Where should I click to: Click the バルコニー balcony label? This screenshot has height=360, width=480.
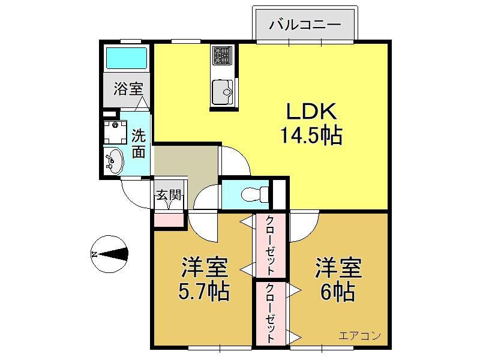[305, 25]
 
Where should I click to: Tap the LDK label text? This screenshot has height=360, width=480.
[311, 112]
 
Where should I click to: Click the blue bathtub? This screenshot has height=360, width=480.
[127, 58]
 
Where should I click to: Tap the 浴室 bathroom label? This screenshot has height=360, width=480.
[128, 89]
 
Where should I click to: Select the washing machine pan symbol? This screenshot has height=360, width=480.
[115, 132]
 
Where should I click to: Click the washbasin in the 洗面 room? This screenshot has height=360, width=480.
[113, 161]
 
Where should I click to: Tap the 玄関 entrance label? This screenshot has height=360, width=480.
[169, 194]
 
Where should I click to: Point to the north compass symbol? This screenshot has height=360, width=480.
[110, 254]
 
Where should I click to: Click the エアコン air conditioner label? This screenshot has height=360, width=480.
[360, 335]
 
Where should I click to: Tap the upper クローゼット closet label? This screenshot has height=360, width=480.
[269, 245]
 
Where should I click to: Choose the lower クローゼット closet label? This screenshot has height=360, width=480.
[269, 313]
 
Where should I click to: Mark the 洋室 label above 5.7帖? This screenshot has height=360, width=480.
[204, 267]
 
